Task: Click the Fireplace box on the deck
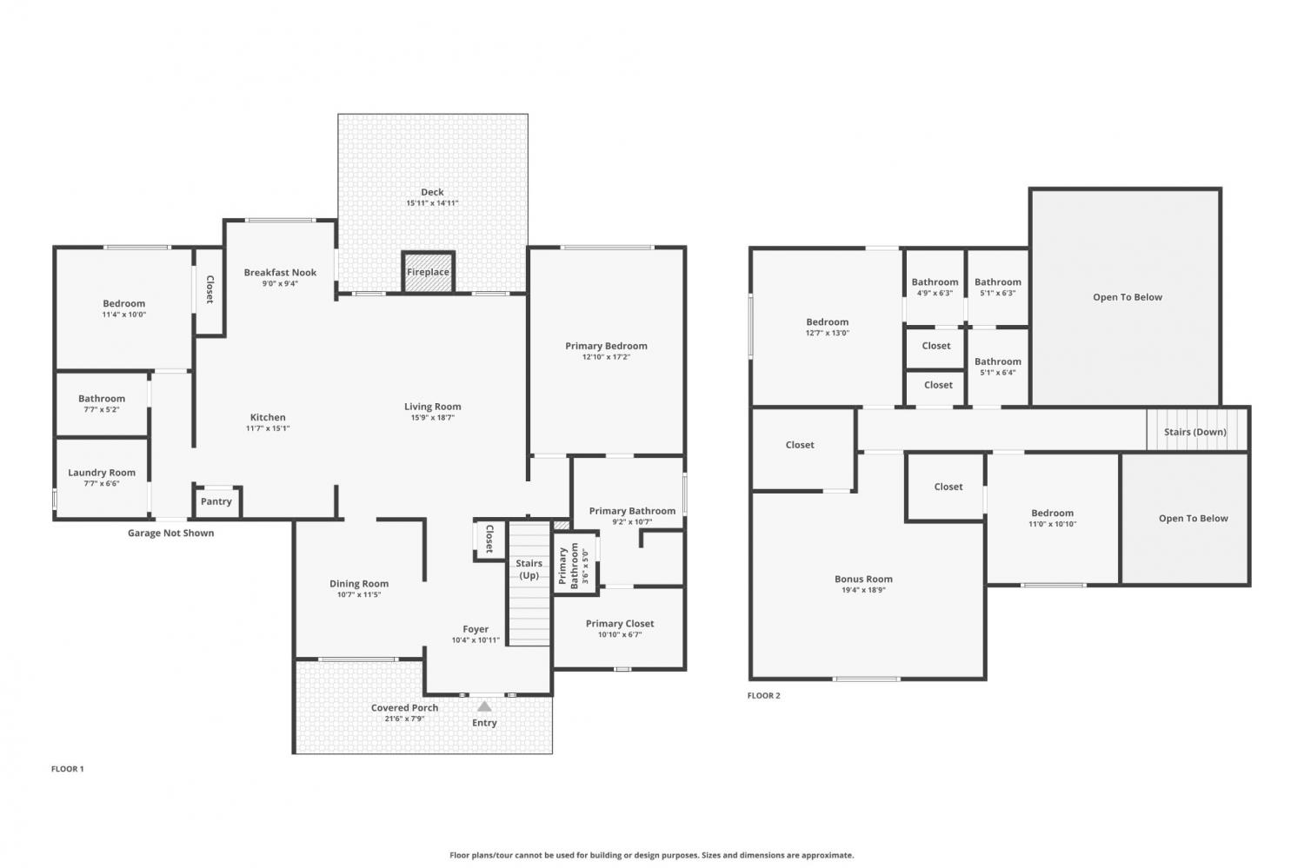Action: tap(428, 272)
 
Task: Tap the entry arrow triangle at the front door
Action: tap(484, 706)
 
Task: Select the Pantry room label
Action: tap(216, 501)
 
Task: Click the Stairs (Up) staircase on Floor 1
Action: tap(529, 584)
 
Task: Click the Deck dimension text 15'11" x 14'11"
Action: tap(432, 203)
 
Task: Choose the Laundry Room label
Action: tap(102, 473)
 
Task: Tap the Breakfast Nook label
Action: tap(280, 272)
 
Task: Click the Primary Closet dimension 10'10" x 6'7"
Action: tap(619, 635)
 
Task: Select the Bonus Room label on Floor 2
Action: tap(863, 579)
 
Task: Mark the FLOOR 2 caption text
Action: tap(764, 695)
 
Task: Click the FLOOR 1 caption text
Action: tap(68, 769)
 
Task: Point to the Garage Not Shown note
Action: tap(170, 533)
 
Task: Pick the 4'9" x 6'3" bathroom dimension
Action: tap(935, 293)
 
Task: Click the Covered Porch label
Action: tap(404, 707)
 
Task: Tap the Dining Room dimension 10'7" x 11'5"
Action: tap(358, 594)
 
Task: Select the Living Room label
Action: tap(433, 407)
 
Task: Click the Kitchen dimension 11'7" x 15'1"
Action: tap(268, 428)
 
